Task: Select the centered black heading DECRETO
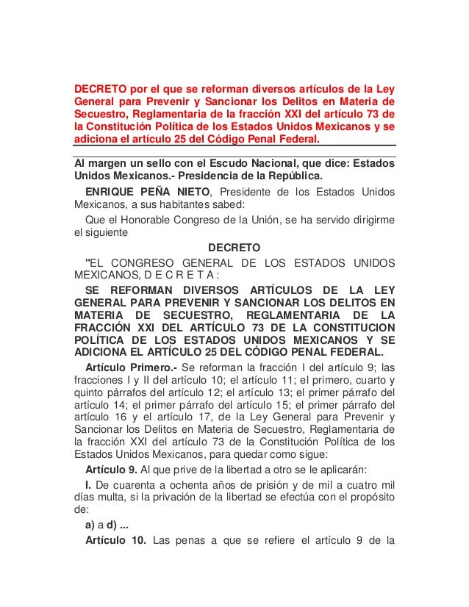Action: tap(234, 248)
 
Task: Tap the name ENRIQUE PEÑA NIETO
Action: tap(141, 193)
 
